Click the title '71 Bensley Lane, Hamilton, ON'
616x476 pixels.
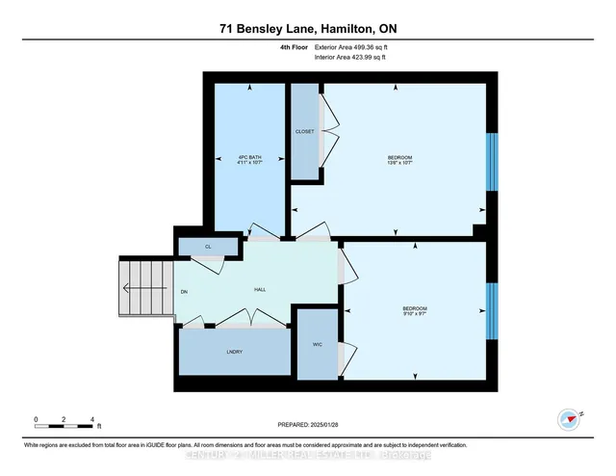(307, 30)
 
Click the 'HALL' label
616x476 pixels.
(260, 289)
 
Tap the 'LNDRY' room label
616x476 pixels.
(233, 353)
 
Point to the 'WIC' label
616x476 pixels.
(317, 343)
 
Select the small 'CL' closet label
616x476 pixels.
(207, 248)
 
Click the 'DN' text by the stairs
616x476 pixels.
(183, 290)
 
